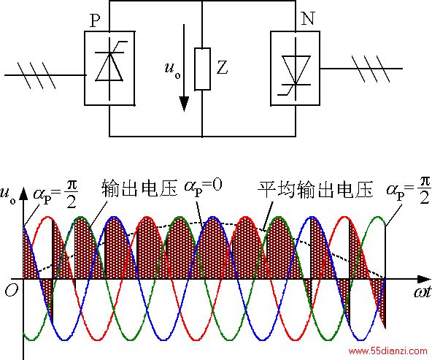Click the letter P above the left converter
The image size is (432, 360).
click(x=95, y=20)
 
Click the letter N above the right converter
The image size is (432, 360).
click(x=308, y=19)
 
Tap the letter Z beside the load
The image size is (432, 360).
click(x=222, y=67)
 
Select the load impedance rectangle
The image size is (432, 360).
click(x=203, y=69)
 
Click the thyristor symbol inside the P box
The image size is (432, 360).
click(x=109, y=66)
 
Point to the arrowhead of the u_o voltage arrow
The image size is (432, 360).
click(x=184, y=104)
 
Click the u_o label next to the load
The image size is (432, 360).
click(x=173, y=70)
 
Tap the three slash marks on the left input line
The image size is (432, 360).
click(x=36, y=75)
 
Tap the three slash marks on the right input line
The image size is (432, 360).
click(x=371, y=69)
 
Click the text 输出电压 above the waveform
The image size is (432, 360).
click(x=139, y=188)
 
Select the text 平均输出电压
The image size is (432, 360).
click(x=315, y=190)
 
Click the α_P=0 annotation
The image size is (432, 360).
click(x=203, y=187)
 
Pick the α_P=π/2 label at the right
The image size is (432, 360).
click(x=409, y=190)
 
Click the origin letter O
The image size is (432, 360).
click(x=12, y=290)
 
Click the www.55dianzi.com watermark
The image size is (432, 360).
click(x=388, y=351)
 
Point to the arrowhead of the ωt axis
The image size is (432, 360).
click(x=424, y=279)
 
